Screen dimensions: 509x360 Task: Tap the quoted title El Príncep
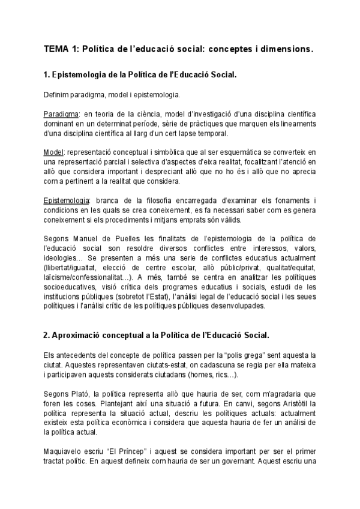(127, 450)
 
